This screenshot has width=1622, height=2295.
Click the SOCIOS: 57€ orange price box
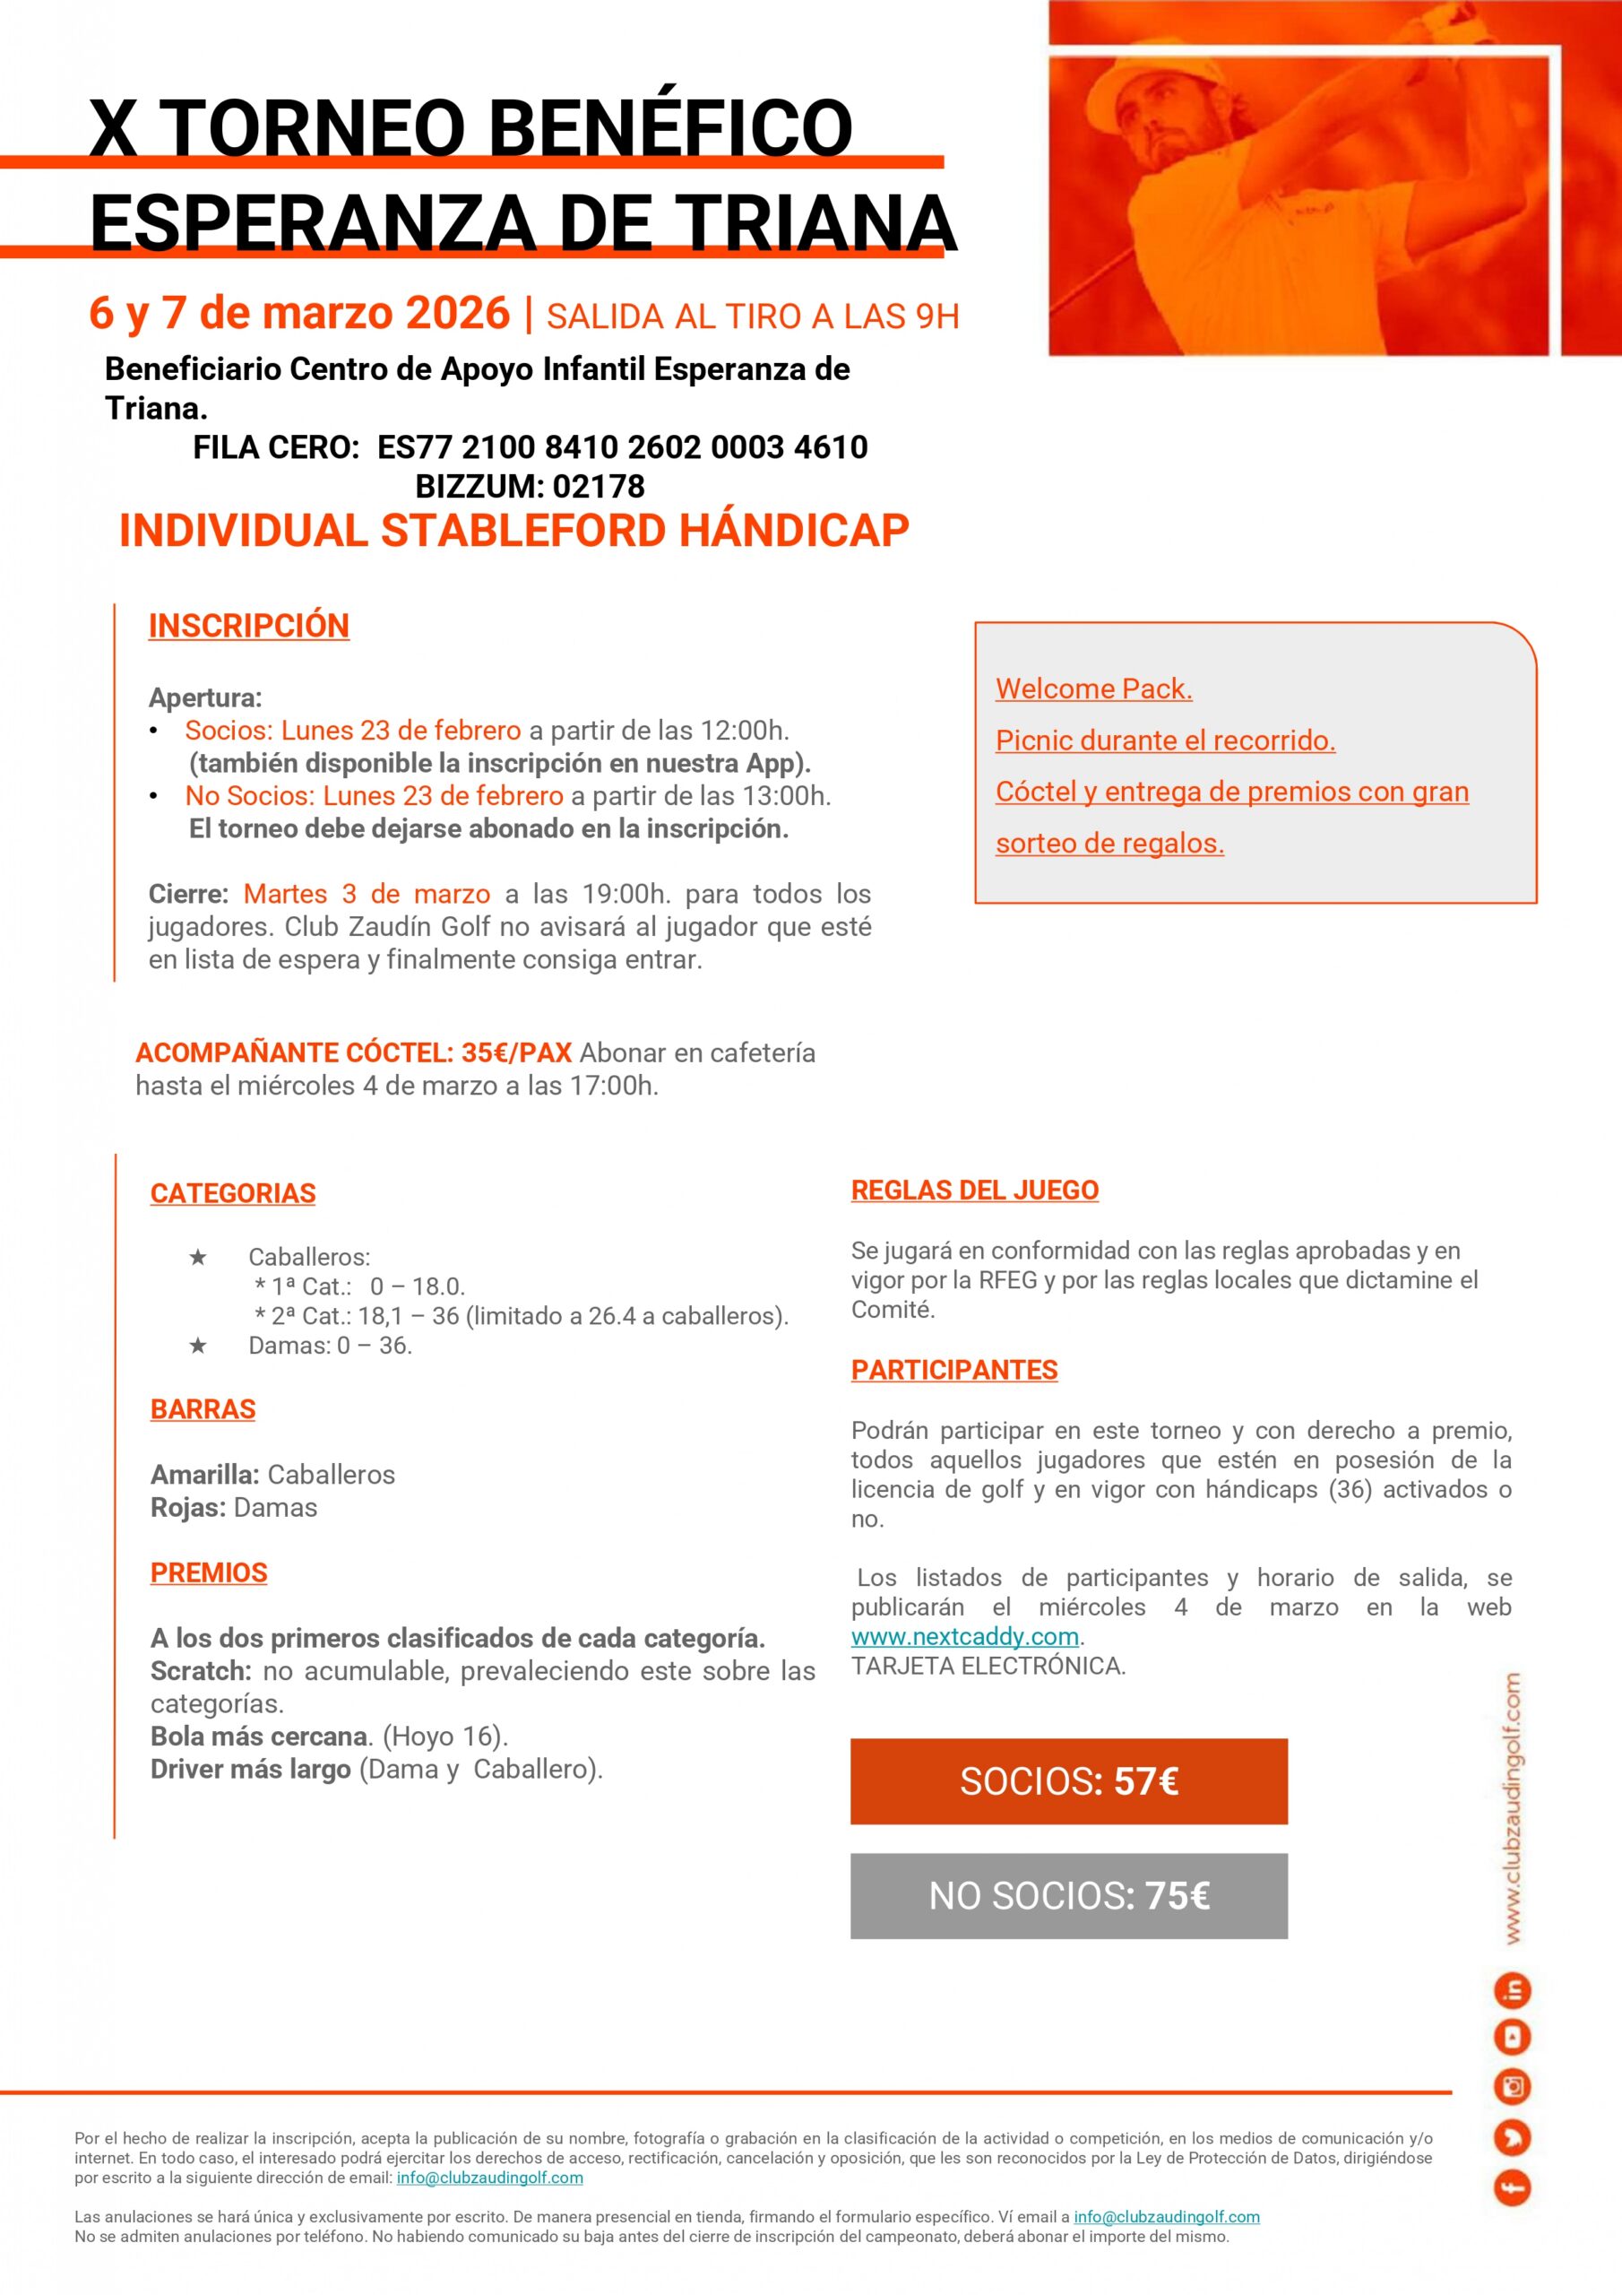point(1068,1781)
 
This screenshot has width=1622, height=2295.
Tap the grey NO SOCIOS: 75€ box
point(1068,1896)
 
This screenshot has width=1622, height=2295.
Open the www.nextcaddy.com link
point(964,1636)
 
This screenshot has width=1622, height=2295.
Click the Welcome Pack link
point(1093,688)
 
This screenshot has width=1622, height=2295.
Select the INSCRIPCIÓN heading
point(249,626)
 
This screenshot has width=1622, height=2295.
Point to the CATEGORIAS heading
point(233,1193)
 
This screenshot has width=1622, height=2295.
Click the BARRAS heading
point(203,1409)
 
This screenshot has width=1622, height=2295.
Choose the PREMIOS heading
point(209,1572)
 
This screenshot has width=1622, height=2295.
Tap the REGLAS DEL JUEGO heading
point(974,1191)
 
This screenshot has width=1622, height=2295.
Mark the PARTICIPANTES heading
point(954,1371)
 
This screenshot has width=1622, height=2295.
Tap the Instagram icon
point(1513,2086)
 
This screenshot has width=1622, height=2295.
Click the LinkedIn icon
point(1513,1991)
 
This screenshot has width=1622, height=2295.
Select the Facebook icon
point(1513,2189)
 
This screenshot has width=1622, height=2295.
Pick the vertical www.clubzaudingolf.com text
point(1513,1808)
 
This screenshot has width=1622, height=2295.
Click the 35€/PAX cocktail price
point(515,1052)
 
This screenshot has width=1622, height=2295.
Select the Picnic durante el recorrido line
point(1165,740)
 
